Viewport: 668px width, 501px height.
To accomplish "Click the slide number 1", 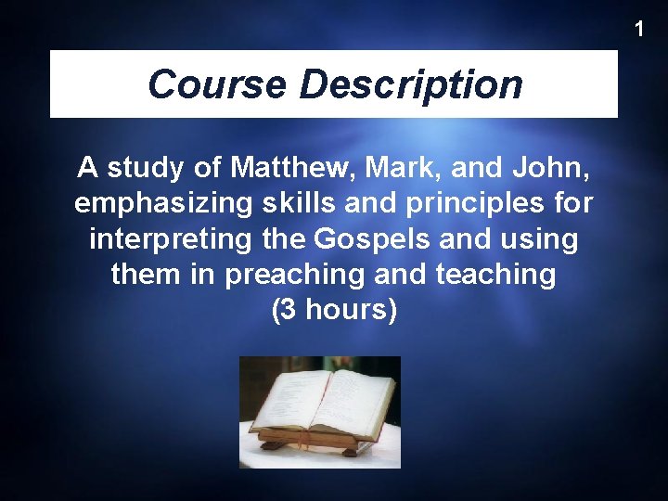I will (x=638, y=30).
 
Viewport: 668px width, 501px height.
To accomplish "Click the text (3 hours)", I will (x=334, y=310).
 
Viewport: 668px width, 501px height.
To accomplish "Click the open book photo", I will (x=320, y=412).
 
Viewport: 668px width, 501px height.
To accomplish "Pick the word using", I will (x=540, y=239).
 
